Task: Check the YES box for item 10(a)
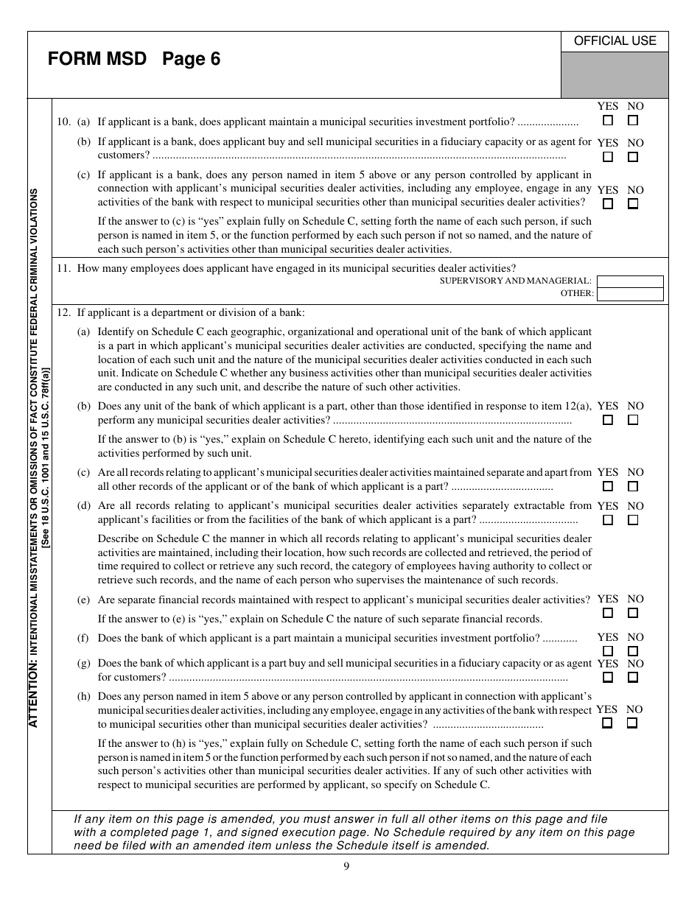coord(608,121)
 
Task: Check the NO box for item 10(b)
coord(633,157)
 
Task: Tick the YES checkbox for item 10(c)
coord(608,204)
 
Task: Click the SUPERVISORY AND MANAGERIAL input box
coord(630,281)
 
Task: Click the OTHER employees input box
coord(630,294)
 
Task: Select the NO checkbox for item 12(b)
coord(633,420)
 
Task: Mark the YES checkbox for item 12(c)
coord(608,486)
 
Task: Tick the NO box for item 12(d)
coord(633,520)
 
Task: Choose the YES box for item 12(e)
coord(608,613)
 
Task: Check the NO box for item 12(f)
coord(633,651)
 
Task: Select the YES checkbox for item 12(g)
coord(608,678)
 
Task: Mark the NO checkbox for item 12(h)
coord(632,723)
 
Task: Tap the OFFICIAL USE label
coord(615,41)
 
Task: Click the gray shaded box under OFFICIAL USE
coord(615,74)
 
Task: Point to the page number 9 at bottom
coord(346,866)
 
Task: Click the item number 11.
coord(63,268)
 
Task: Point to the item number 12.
coord(63,312)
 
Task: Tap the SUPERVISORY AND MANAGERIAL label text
coord(516,281)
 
